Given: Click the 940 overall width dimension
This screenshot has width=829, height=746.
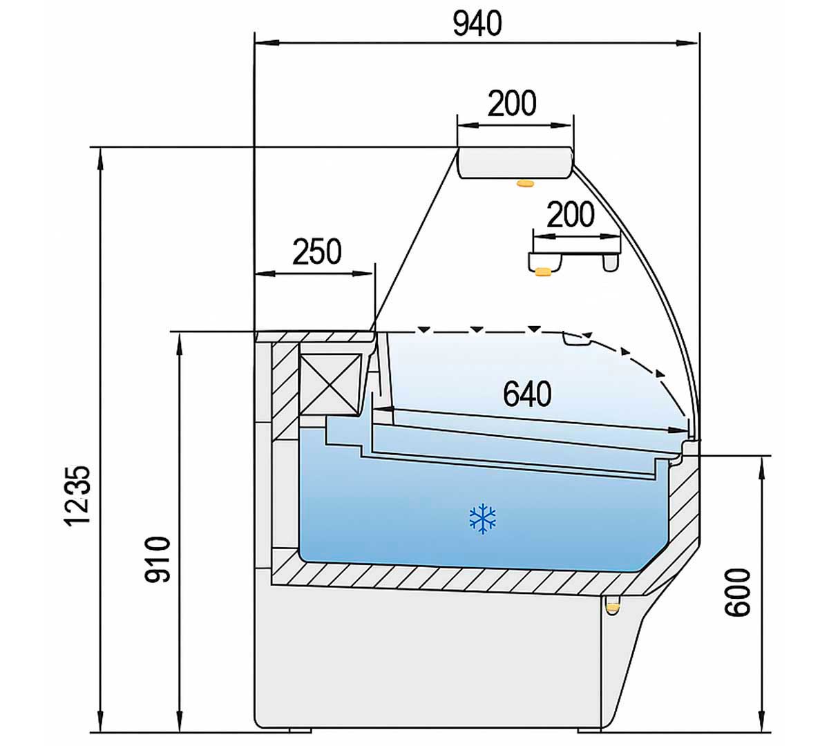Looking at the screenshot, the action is click(x=477, y=24).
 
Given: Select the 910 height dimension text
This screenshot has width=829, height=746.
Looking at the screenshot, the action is click(x=158, y=559).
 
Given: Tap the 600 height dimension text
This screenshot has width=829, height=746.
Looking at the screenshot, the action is click(x=738, y=593).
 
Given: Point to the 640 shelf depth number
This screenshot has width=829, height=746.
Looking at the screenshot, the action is click(x=527, y=394).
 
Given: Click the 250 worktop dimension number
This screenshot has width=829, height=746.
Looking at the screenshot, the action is click(x=317, y=251).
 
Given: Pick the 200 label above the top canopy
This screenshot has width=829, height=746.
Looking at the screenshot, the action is click(x=512, y=103).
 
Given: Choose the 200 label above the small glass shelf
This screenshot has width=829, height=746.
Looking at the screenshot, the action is click(x=571, y=215).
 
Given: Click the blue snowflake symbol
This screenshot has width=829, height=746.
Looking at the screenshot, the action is click(x=482, y=518).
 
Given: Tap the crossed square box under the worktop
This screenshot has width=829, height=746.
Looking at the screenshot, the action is click(x=330, y=384).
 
